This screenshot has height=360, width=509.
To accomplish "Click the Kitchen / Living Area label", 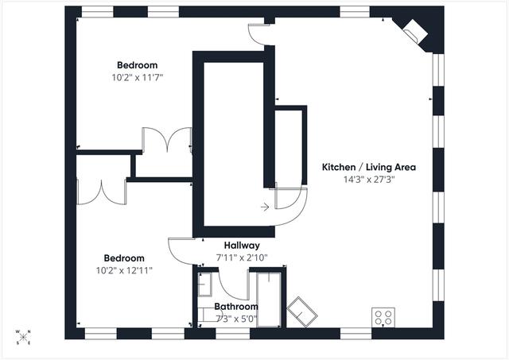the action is pos(369,168).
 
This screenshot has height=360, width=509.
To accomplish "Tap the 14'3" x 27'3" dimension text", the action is pos(369,180).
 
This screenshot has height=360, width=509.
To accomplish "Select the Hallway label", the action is pos(242,246).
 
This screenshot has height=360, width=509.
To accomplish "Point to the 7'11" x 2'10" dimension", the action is pos(242,257).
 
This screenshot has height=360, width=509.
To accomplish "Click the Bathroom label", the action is pos(236,307).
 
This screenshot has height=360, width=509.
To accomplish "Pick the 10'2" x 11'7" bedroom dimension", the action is pos(138,78).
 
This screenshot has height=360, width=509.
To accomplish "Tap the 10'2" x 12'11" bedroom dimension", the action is pos(124,270).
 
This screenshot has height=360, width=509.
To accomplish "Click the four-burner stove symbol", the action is pos(383,317).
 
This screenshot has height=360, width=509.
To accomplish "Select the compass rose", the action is pos(23,337).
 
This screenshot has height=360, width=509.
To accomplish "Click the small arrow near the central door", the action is pos(265,207).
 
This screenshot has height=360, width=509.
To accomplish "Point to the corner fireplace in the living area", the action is pos(415,32).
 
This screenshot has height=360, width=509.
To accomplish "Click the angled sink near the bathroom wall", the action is pos(302,312).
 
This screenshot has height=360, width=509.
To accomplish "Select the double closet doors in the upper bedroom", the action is pos(167,139).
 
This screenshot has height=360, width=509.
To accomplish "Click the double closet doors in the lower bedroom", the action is pos(102,192).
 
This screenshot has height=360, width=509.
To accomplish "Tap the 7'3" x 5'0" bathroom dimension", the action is pos(236,319).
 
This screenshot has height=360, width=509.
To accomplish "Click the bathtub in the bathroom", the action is pos(269,300).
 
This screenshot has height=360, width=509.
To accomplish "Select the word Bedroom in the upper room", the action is pos(138,65).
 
